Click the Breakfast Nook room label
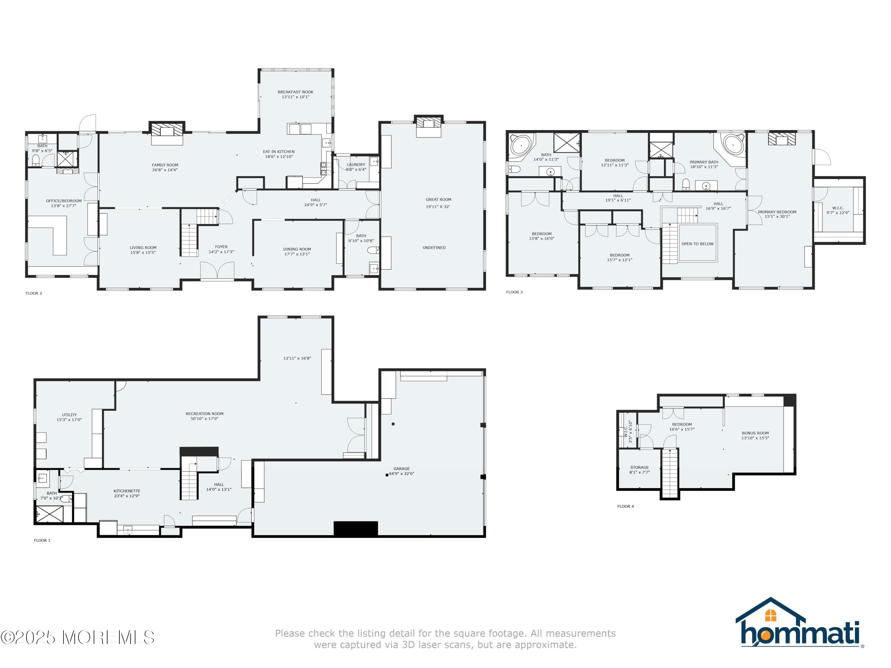click(295, 92)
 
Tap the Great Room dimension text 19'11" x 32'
click(438, 207)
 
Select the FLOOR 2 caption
click(34, 293)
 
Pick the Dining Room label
click(297, 249)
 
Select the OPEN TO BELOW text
click(697, 244)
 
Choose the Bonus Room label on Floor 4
click(755, 433)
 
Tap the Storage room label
click(639, 468)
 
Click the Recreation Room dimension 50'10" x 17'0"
click(205, 419)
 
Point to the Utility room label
click(69, 415)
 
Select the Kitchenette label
click(127, 491)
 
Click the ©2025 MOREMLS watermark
click(77, 637)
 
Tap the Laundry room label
click(356, 164)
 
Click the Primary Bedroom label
click(777, 212)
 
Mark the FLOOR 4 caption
click(625, 506)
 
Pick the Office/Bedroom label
click(64, 200)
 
